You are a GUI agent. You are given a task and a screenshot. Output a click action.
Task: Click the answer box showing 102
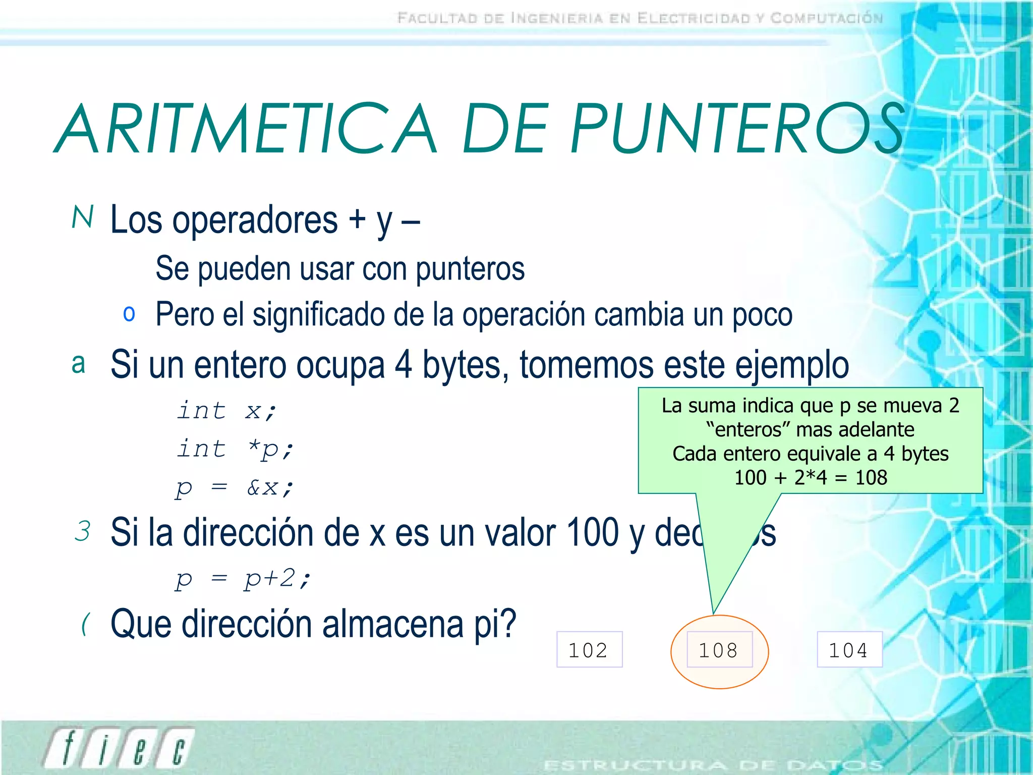pos(589,650)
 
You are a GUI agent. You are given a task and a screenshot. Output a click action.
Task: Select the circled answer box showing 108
pos(719,650)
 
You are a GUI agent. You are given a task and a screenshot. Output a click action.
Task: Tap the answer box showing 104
pos(849,650)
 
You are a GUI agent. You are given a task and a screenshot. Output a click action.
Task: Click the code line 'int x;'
pos(226,410)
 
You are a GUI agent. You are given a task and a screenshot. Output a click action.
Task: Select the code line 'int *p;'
pos(235,449)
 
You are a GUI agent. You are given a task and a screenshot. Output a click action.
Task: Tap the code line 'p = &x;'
pos(235,487)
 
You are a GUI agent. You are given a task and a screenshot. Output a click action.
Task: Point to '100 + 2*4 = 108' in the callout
pos(810,477)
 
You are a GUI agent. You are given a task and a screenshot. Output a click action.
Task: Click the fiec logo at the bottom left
pos(119,748)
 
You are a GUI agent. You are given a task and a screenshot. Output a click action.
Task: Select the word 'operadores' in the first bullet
pos(255,220)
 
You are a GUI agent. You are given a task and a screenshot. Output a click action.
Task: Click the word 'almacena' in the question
pos(393,625)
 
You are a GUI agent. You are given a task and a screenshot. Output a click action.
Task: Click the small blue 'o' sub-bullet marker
pos(129,314)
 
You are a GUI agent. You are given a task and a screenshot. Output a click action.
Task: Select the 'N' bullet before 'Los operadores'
pos(83,217)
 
